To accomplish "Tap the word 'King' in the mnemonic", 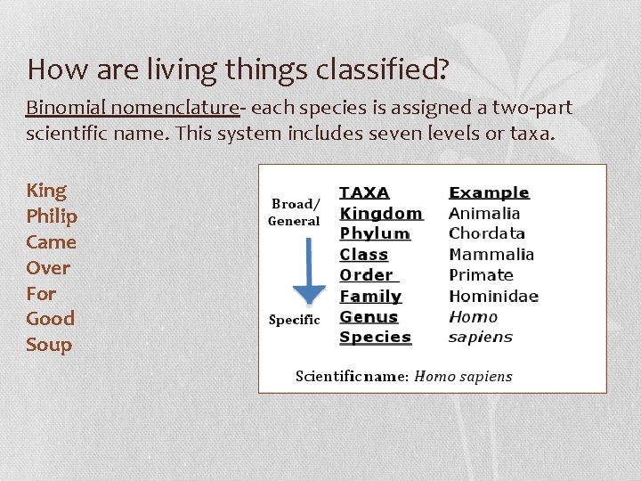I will (46, 191).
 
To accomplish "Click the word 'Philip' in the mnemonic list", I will (52, 216).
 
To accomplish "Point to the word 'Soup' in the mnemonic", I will (49, 345).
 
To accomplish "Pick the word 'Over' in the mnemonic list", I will (48, 267).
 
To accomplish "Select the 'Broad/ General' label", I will (294, 212).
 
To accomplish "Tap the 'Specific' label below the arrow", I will (294, 320).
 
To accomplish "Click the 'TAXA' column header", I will (364, 192).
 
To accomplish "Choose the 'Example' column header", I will (489, 192).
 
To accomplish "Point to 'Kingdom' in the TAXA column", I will (381, 214).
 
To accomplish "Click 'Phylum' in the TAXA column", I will (375, 233).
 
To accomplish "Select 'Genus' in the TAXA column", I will (369, 316).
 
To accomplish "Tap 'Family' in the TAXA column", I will (370, 296).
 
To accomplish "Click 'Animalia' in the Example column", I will (484, 214).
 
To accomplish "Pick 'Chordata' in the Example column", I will (487, 233).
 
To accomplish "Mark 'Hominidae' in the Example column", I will (493, 296).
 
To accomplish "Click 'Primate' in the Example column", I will (481, 275).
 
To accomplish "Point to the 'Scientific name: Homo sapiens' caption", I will (403, 376).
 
